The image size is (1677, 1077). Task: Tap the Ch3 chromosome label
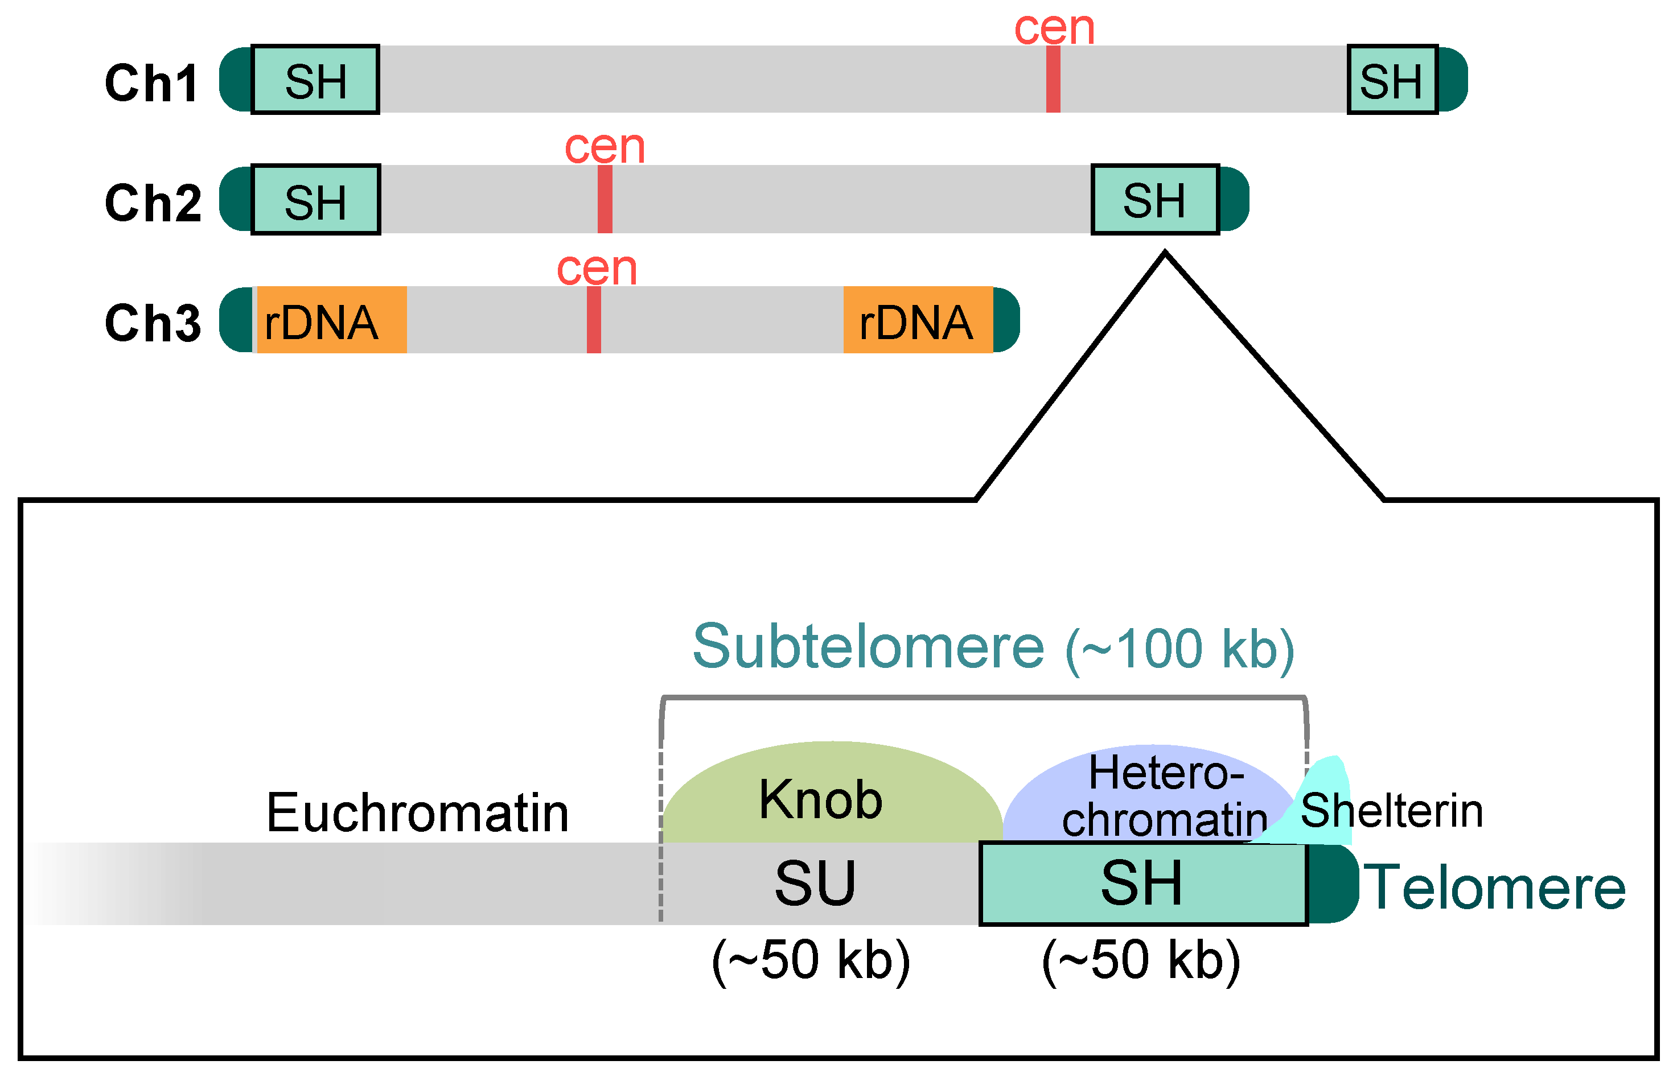pyautogui.click(x=153, y=323)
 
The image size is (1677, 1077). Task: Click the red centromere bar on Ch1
pyautogui.click(x=1053, y=79)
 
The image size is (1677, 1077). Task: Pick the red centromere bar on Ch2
pyautogui.click(x=605, y=199)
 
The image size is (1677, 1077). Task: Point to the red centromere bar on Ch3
pyautogui.click(x=594, y=320)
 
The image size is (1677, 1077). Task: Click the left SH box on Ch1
pyautogui.click(x=315, y=80)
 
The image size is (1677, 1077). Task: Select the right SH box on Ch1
pyautogui.click(x=1392, y=80)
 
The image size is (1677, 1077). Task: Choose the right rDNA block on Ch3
pyautogui.click(x=917, y=320)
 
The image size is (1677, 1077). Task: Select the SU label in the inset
pyautogui.click(x=815, y=884)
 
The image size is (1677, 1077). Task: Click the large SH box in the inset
pyautogui.click(x=1143, y=884)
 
